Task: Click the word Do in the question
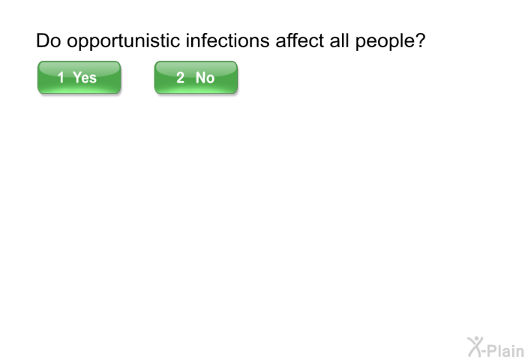48,40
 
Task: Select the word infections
228,40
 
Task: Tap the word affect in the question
300,40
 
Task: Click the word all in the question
339,40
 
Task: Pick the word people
385,42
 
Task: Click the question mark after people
420,40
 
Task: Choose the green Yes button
79,77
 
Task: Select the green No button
196,77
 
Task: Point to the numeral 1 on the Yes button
61,78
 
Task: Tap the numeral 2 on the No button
180,78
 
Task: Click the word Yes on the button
85,78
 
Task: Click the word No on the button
205,78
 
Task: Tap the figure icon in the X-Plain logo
475,347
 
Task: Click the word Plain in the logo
505,350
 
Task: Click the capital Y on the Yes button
77,78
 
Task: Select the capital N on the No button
200,78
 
